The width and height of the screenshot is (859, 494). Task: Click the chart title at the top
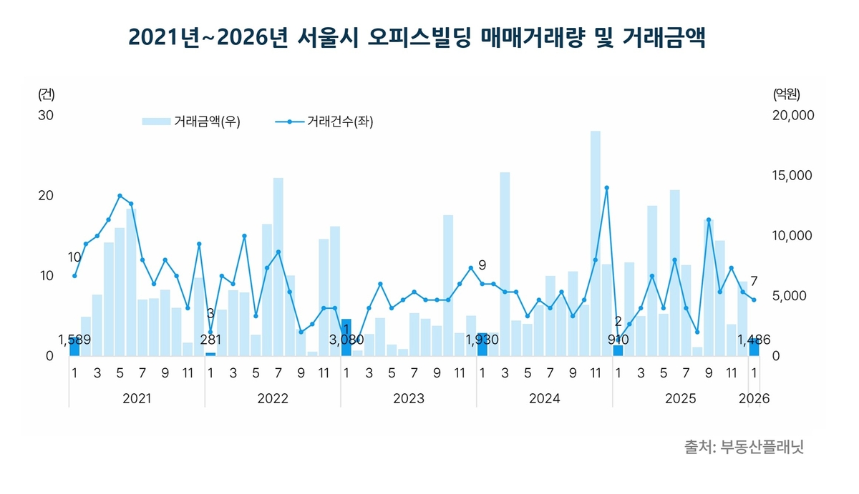(x=417, y=38)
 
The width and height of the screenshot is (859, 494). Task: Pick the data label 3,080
(x=346, y=340)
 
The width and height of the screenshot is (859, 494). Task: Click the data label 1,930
(x=482, y=340)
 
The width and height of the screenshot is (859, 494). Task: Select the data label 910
(x=618, y=340)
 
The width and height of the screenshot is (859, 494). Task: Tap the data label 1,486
(x=754, y=340)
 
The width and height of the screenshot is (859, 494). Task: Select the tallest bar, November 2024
(x=596, y=243)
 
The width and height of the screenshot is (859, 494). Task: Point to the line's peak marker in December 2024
(x=606, y=188)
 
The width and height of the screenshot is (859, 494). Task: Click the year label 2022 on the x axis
(x=273, y=398)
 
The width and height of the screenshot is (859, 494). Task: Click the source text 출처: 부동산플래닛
(x=744, y=447)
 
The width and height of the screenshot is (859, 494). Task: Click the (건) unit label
(x=46, y=94)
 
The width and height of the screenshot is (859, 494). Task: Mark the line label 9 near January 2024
(x=482, y=265)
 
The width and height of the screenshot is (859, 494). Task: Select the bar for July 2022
(x=278, y=267)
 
